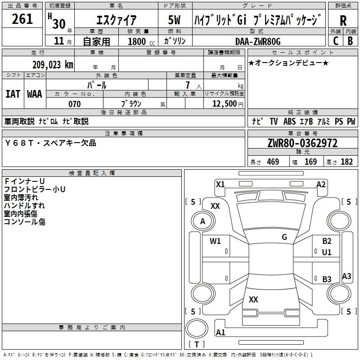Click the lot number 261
pos(22,19)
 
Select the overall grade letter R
pos(343,21)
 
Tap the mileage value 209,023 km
pos(53,65)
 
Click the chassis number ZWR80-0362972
pos(302,143)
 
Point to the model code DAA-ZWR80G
pos(258,41)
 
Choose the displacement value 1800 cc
pos(141,41)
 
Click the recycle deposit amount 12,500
pos(224,103)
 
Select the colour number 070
pos(75,104)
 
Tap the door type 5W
pos(174,20)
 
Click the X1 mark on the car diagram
pos(220,184)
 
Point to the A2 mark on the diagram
pos(321,184)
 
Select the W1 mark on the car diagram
pos(215,241)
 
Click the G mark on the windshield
pos(284,237)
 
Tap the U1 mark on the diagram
pos(327,252)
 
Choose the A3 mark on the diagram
pos(346,276)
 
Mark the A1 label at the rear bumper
pos(220,332)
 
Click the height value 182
pos(346,162)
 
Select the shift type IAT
pos(13,94)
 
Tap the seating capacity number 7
pos(188,85)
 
